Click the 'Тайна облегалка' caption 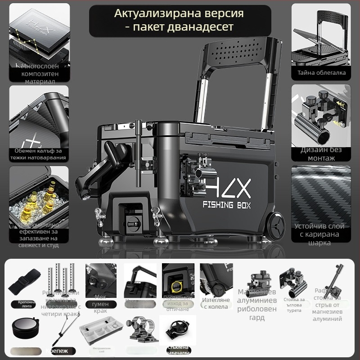321,72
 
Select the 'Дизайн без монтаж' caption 321,153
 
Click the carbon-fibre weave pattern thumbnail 321,193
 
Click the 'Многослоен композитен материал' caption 39,74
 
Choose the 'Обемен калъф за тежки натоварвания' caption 39,154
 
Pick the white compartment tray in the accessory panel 102,331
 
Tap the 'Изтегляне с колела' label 216,303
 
